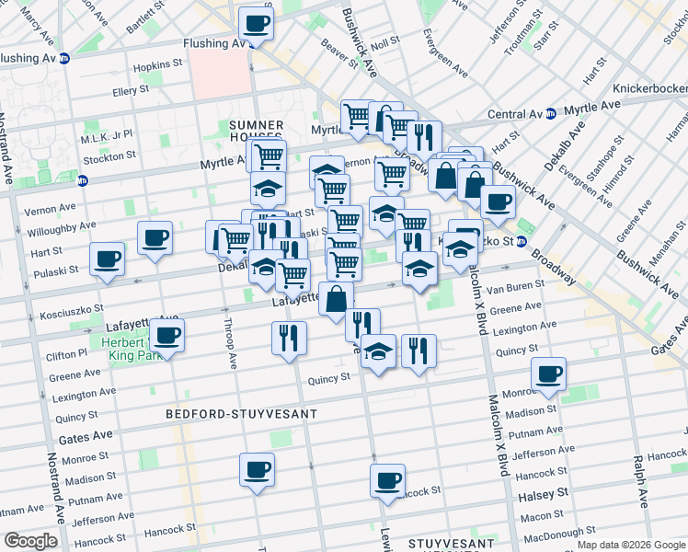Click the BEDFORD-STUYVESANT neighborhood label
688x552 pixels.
241,414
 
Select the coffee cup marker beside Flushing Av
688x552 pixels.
257,26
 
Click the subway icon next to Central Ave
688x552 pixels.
550,114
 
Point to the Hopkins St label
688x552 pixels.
157,65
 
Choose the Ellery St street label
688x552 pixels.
131,91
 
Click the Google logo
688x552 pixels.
30,541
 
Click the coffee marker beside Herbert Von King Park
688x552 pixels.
167,337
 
